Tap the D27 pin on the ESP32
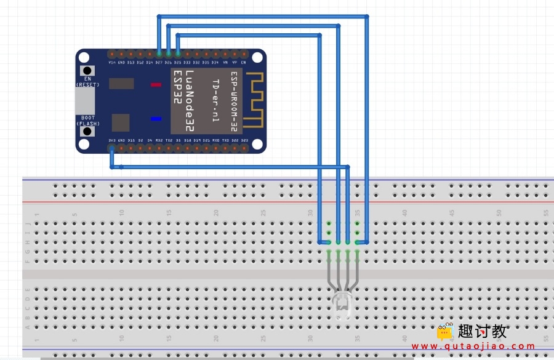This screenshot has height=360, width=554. click(159, 55)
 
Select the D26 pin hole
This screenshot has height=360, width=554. click(169, 55)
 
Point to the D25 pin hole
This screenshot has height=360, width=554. click(178, 55)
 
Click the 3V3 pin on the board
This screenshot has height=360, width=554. click(111, 148)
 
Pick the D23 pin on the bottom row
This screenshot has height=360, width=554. click(244, 148)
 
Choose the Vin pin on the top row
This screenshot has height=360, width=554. click(111, 55)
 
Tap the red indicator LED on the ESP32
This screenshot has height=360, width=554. click(156, 84)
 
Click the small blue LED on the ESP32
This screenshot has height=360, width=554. click(156, 119)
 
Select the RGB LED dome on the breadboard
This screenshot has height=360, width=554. click(342, 305)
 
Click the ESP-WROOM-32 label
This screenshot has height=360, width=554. click(233, 102)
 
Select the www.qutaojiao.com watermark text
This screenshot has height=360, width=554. click(474, 346)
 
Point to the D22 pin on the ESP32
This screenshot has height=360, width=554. click(235, 148)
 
